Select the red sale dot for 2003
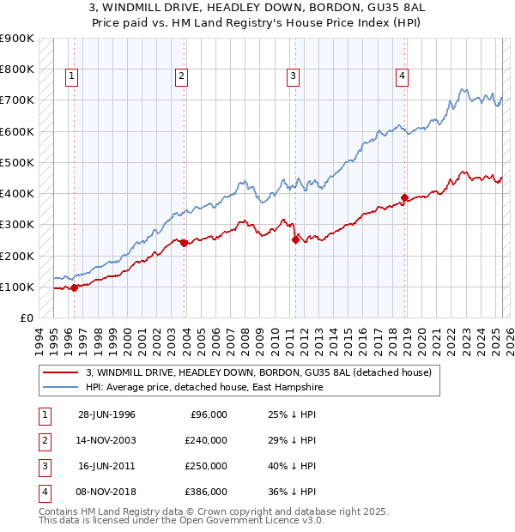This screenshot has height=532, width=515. [x=184, y=243]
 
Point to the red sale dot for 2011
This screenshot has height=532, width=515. [x=295, y=240]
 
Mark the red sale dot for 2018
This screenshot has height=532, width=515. [x=404, y=197]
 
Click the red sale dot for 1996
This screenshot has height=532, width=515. [x=74, y=287]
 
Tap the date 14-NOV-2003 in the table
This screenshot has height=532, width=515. [x=106, y=440]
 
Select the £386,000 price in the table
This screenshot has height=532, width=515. [x=206, y=492]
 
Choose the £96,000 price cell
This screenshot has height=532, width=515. [x=209, y=414]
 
